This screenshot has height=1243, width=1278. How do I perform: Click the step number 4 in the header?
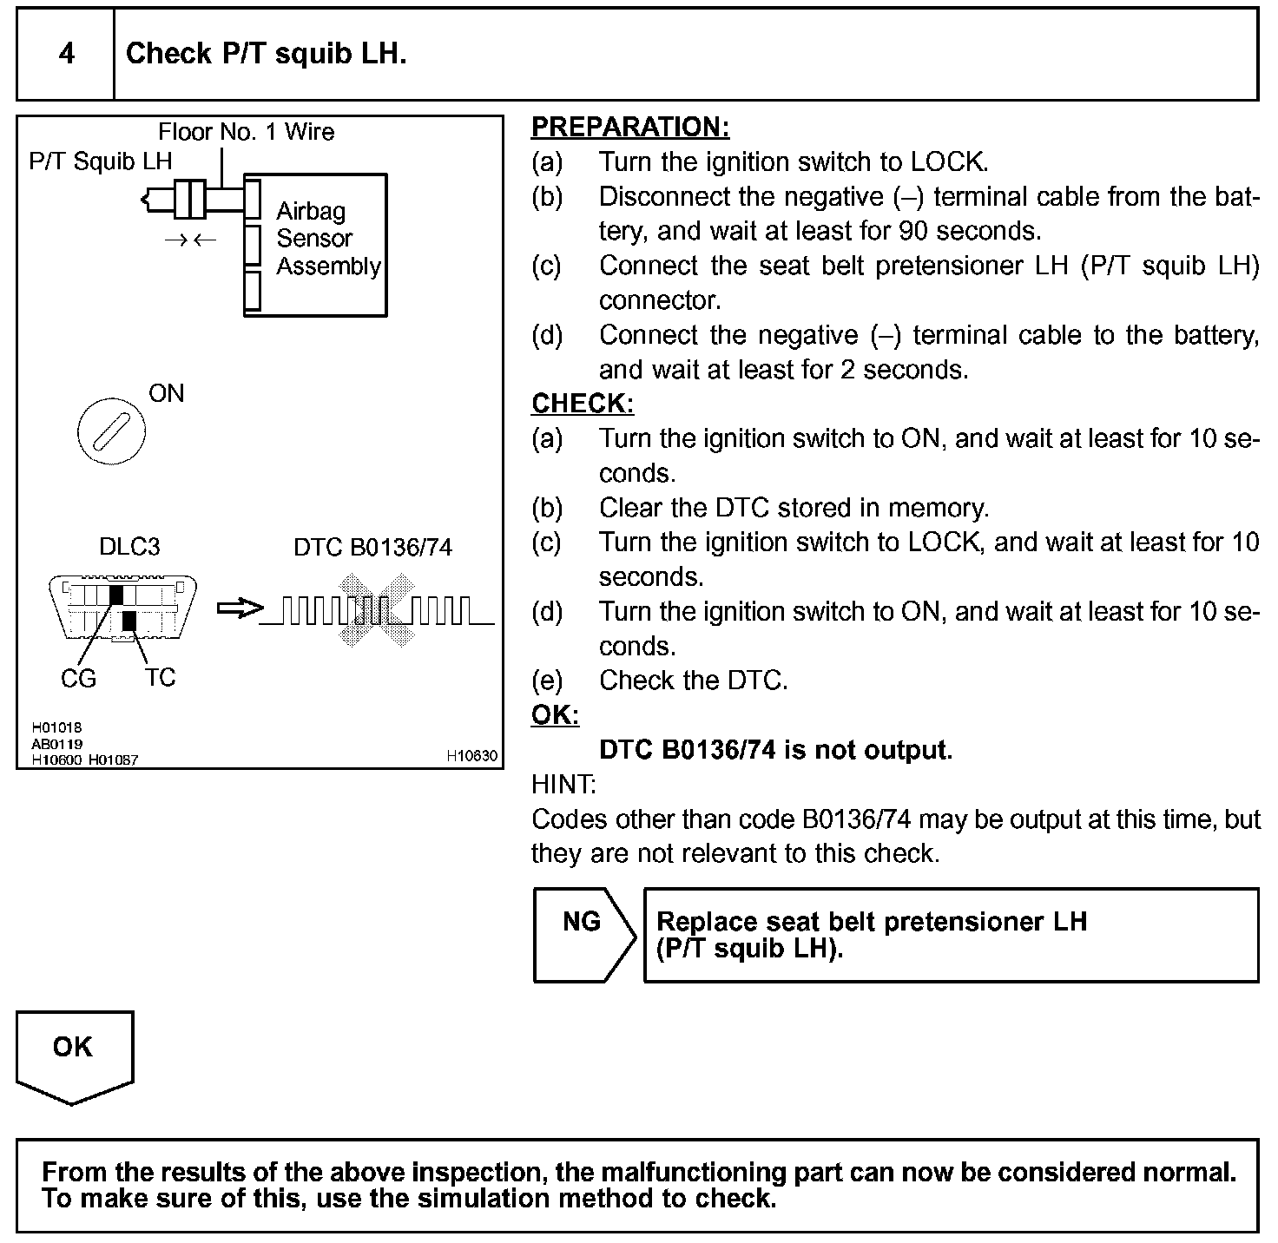point(66,54)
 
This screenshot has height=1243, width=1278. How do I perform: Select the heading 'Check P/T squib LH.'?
point(266,54)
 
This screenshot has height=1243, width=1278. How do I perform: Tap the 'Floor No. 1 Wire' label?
point(246,132)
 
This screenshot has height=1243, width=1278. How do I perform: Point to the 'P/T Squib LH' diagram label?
point(101,161)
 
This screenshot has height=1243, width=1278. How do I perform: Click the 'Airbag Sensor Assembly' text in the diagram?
point(327,239)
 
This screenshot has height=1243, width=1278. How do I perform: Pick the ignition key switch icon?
point(111,431)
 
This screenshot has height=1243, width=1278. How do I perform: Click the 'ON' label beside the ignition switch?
point(167,394)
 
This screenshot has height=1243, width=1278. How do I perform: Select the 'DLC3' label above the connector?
point(129,547)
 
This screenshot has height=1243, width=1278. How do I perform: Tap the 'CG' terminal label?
point(78,679)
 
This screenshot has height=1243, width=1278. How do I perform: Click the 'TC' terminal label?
point(161,677)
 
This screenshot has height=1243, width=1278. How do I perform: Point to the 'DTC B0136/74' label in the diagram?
point(372,548)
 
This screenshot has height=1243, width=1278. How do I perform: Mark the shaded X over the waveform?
point(373,611)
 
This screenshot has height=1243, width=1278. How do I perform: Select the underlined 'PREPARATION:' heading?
point(630,128)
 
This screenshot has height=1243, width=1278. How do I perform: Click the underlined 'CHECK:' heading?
point(583,404)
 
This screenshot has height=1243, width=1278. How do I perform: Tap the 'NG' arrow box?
point(582,934)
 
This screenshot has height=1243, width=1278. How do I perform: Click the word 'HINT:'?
point(563,785)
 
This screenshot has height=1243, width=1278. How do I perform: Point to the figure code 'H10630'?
point(472,756)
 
